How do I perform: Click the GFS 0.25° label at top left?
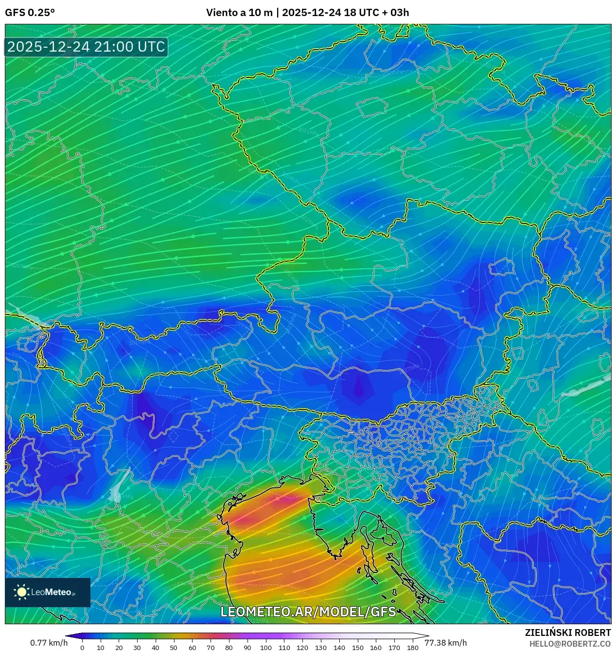point(30,13)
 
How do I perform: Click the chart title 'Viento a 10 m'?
point(239,13)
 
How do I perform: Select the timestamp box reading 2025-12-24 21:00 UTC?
point(86,47)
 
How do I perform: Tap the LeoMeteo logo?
point(48,592)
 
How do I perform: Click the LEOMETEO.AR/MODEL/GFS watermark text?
point(308,612)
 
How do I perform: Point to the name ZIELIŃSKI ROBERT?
point(567,632)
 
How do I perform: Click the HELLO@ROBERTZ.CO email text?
point(570,644)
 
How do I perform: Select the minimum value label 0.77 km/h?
point(49,643)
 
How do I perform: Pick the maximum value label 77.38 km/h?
point(445,643)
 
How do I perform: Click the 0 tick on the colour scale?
point(82,648)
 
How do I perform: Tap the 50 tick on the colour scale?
point(174,648)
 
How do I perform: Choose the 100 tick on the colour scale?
point(265,648)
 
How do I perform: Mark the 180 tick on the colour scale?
point(412,648)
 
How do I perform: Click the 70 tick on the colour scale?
point(211,648)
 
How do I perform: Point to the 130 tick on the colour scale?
point(320,648)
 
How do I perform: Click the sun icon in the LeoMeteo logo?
point(22,592)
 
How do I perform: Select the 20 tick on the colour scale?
point(119,648)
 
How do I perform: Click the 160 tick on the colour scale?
point(376,648)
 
